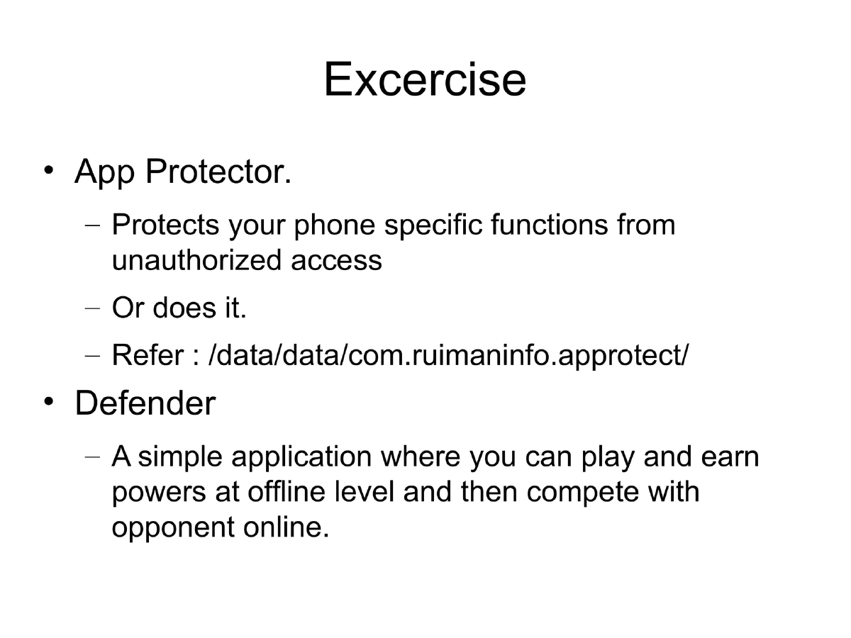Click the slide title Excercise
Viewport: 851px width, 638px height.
(425, 79)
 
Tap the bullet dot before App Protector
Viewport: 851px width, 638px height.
(48, 171)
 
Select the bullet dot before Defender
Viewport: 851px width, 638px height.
(48, 402)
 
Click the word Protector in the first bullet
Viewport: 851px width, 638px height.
(218, 172)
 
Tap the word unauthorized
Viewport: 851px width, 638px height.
(196, 260)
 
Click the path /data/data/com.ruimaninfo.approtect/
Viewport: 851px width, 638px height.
(447, 355)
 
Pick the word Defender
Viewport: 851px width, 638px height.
(145, 403)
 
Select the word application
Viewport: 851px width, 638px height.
(301, 457)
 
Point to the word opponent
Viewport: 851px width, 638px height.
(168, 528)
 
